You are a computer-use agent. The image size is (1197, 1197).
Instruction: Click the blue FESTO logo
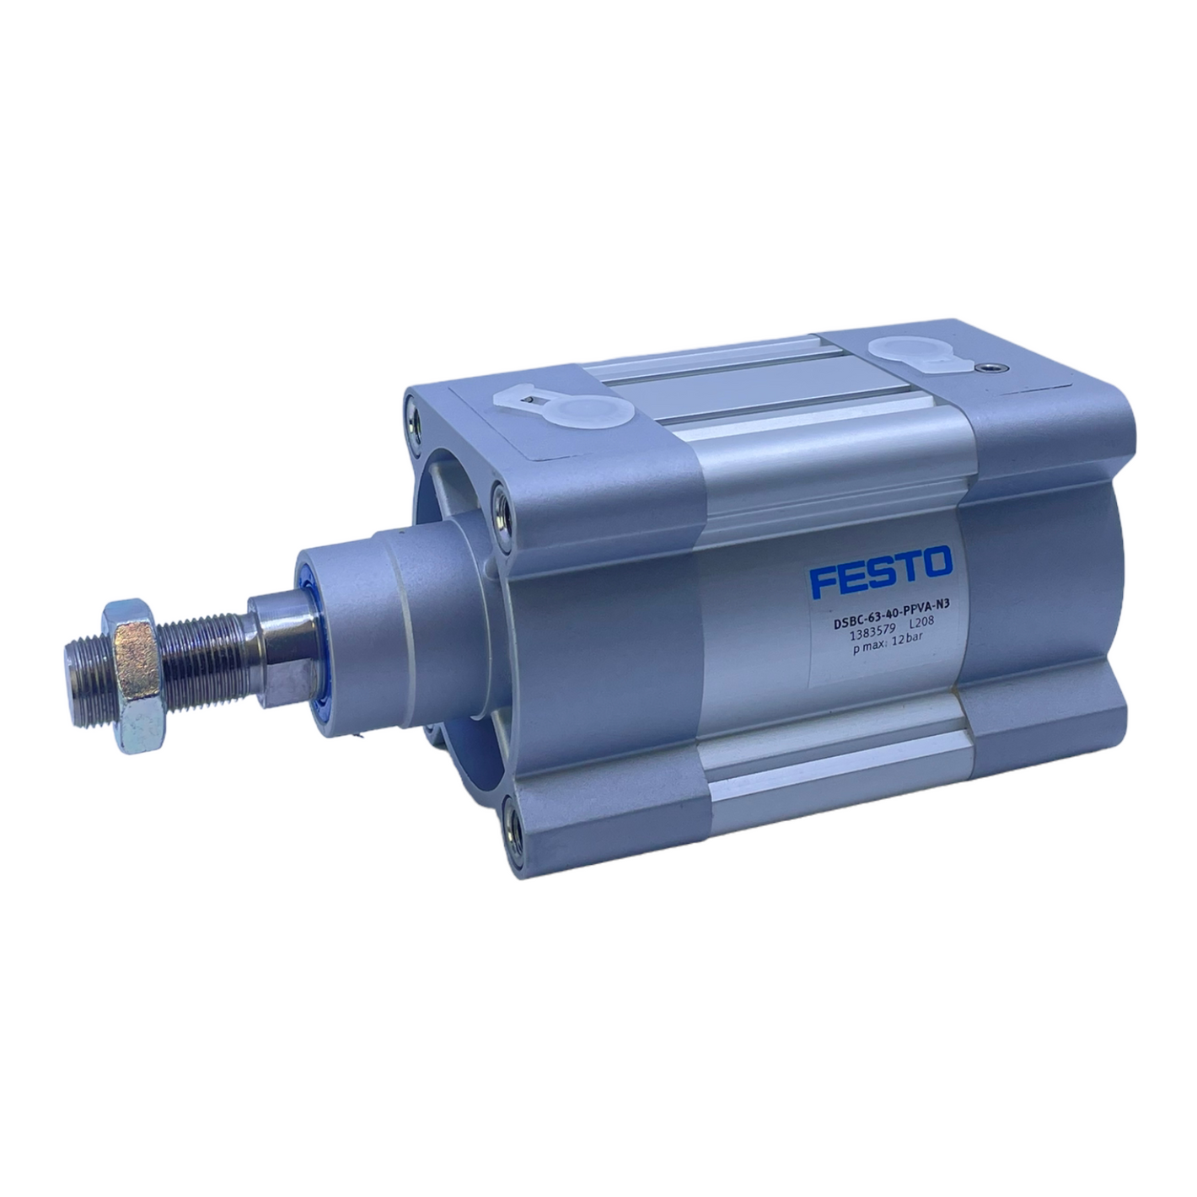881,571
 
